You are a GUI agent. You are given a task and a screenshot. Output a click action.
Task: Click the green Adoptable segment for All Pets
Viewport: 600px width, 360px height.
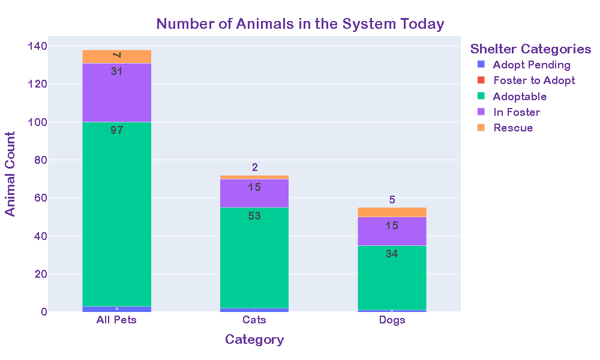pyautogui.click(x=116, y=216)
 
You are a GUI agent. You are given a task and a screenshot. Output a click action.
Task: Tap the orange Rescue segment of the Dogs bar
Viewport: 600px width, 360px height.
pyautogui.click(x=392, y=212)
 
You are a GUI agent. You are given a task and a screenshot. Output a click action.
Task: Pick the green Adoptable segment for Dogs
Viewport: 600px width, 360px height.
pyautogui.click(x=392, y=279)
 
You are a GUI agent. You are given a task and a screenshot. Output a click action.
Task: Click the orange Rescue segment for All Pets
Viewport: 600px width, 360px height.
pyautogui.click(x=116, y=57)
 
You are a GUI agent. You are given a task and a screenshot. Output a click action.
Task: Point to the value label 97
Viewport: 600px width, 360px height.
pyautogui.click(x=117, y=130)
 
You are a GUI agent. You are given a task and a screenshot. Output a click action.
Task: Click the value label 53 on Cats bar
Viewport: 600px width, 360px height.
pyautogui.click(x=254, y=215)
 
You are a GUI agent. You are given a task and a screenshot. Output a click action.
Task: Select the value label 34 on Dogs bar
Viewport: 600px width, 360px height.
pyautogui.click(x=392, y=254)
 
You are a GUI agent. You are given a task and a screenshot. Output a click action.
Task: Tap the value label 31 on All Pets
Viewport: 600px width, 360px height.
pyautogui.click(x=117, y=71)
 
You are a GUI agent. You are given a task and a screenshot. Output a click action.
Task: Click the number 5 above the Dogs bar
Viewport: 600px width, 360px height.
pyautogui.click(x=392, y=200)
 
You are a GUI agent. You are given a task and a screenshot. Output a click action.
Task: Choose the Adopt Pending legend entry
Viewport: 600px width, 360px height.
pyautogui.click(x=531, y=65)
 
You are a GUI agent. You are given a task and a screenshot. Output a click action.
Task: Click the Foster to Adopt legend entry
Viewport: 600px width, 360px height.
pyautogui.click(x=533, y=80)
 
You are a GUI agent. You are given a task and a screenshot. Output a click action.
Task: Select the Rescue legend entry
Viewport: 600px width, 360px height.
pyautogui.click(x=512, y=128)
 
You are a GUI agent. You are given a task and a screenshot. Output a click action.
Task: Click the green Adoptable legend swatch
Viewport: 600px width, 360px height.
pyautogui.click(x=480, y=96)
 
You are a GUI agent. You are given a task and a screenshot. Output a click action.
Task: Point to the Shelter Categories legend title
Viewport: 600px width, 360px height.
pyautogui.click(x=530, y=49)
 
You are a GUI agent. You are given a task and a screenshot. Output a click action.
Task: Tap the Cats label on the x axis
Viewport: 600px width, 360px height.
pyautogui.click(x=254, y=320)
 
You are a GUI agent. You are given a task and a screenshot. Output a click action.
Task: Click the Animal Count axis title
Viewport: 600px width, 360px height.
pyautogui.click(x=11, y=174)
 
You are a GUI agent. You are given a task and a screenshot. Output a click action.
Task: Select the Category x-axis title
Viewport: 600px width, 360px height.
pyautogui.click(x=254, y=340)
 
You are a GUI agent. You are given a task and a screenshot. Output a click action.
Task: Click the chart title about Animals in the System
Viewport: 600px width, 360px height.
pyautogui.click(x=300, y=24)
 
